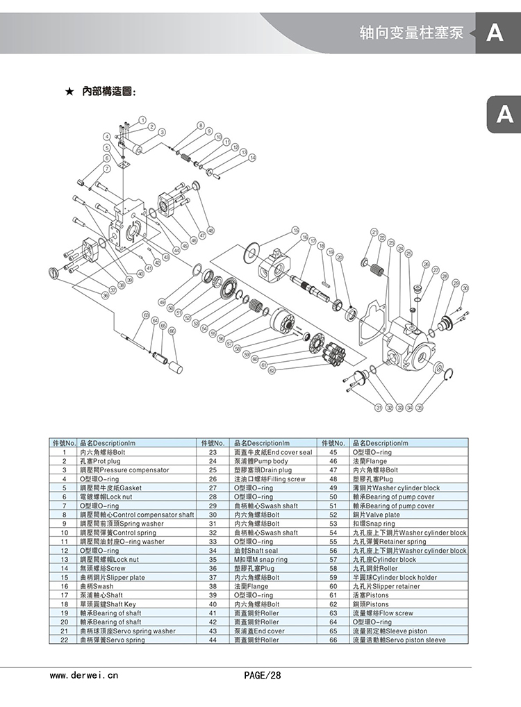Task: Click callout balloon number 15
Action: (x=295, y=230)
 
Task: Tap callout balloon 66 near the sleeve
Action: (x=172, y=331)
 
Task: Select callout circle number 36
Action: (x=105, y=296)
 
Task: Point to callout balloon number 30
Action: (x=465, y=288)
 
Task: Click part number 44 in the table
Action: (x=213, y=640)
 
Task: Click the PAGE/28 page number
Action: (x=263, y=674)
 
